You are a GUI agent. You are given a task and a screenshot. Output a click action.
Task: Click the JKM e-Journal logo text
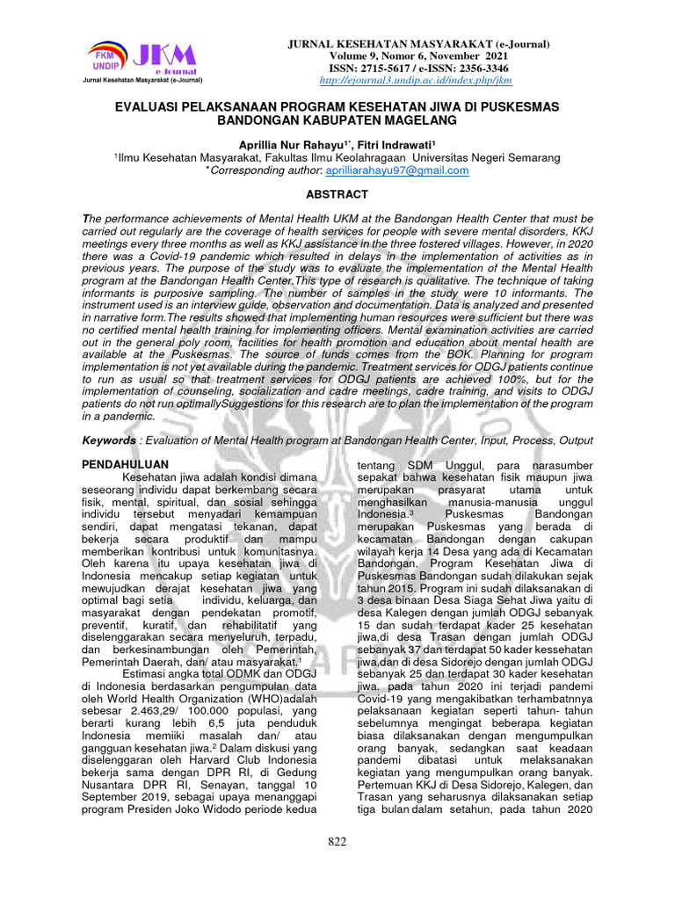pos(167,59)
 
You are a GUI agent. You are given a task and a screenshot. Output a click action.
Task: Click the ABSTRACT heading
pos(337,194)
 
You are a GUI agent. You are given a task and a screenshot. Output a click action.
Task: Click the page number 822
pos(337,841)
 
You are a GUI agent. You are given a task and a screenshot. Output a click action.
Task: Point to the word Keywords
pos(110,439)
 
